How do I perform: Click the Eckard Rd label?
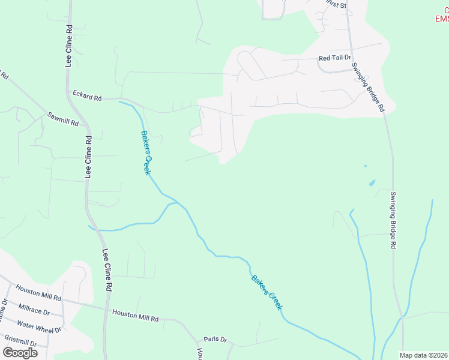click(x=87, y=95)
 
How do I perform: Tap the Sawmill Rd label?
click(x=63, y=118)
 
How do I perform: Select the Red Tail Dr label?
click(x=334, y=58)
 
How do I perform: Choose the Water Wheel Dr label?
click(x=39, y=326)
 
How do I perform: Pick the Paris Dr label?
click(x=215, y=339)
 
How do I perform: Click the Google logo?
click(x=19, y=352)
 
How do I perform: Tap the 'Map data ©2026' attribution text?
click(x=424, y=355)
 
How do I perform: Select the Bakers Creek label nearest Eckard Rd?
click(x=146, y=152)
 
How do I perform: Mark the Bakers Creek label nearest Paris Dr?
click(x=267, y=292)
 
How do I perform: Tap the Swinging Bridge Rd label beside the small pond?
click(x=393, y=220)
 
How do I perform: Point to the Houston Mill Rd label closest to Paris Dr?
click(x=135, y=315)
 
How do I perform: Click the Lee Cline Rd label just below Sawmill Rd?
click(x=88, y=157)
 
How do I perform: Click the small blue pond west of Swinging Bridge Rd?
click(x=372, y=182)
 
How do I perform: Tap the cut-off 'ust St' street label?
click(x=336, y=5)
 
